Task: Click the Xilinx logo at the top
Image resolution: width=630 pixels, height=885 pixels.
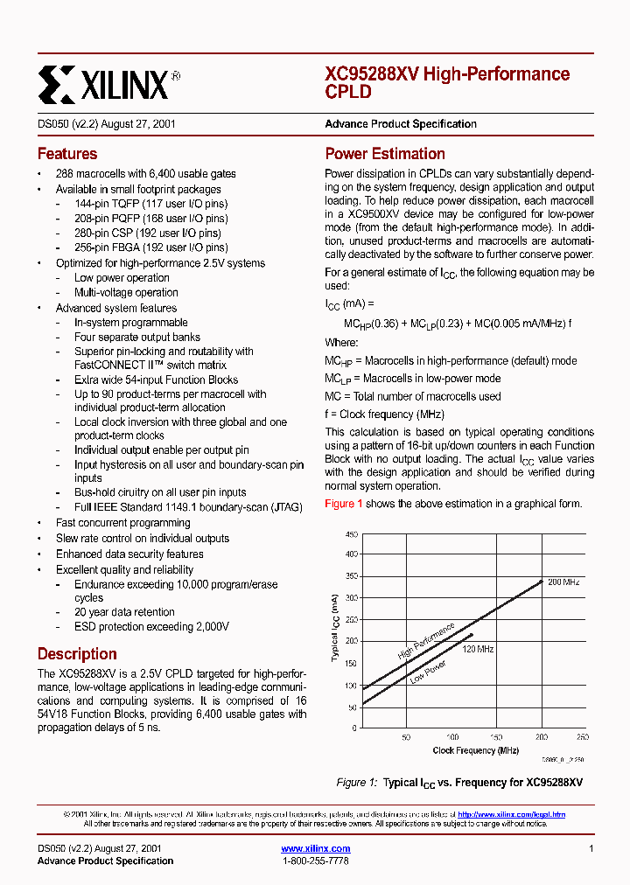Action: click(109, 84)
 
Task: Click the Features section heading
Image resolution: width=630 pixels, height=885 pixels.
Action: click(67, 154)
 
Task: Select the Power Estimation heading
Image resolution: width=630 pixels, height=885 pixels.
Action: click(385, 154)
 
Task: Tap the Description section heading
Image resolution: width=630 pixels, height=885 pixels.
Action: click(77, 654)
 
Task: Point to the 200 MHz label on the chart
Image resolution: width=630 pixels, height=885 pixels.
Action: click(563, 582)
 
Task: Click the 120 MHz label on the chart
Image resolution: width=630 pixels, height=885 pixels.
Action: click(479, 650)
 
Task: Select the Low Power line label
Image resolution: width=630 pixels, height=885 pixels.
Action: click(428, 672)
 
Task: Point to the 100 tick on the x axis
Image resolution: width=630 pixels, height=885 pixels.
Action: click(451, 737)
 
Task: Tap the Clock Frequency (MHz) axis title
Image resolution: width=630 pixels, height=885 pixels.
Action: click(475, 750)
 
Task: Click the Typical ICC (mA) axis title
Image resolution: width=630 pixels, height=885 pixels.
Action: click(334, 627)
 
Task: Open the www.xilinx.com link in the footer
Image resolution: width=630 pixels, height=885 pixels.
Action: click(316, 848)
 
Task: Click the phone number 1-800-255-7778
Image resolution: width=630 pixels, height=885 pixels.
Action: click(316, 861)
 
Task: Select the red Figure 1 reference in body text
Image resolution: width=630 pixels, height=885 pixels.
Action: click(344, 504)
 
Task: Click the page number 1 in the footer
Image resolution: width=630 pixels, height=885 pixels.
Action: click(591, 848)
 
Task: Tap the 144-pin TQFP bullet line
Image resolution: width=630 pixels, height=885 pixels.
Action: click(150, 204)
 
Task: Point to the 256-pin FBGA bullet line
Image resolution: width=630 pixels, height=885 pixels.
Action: click(150, 247)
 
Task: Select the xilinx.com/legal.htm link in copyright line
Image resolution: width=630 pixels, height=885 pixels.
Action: click(511, 814)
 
